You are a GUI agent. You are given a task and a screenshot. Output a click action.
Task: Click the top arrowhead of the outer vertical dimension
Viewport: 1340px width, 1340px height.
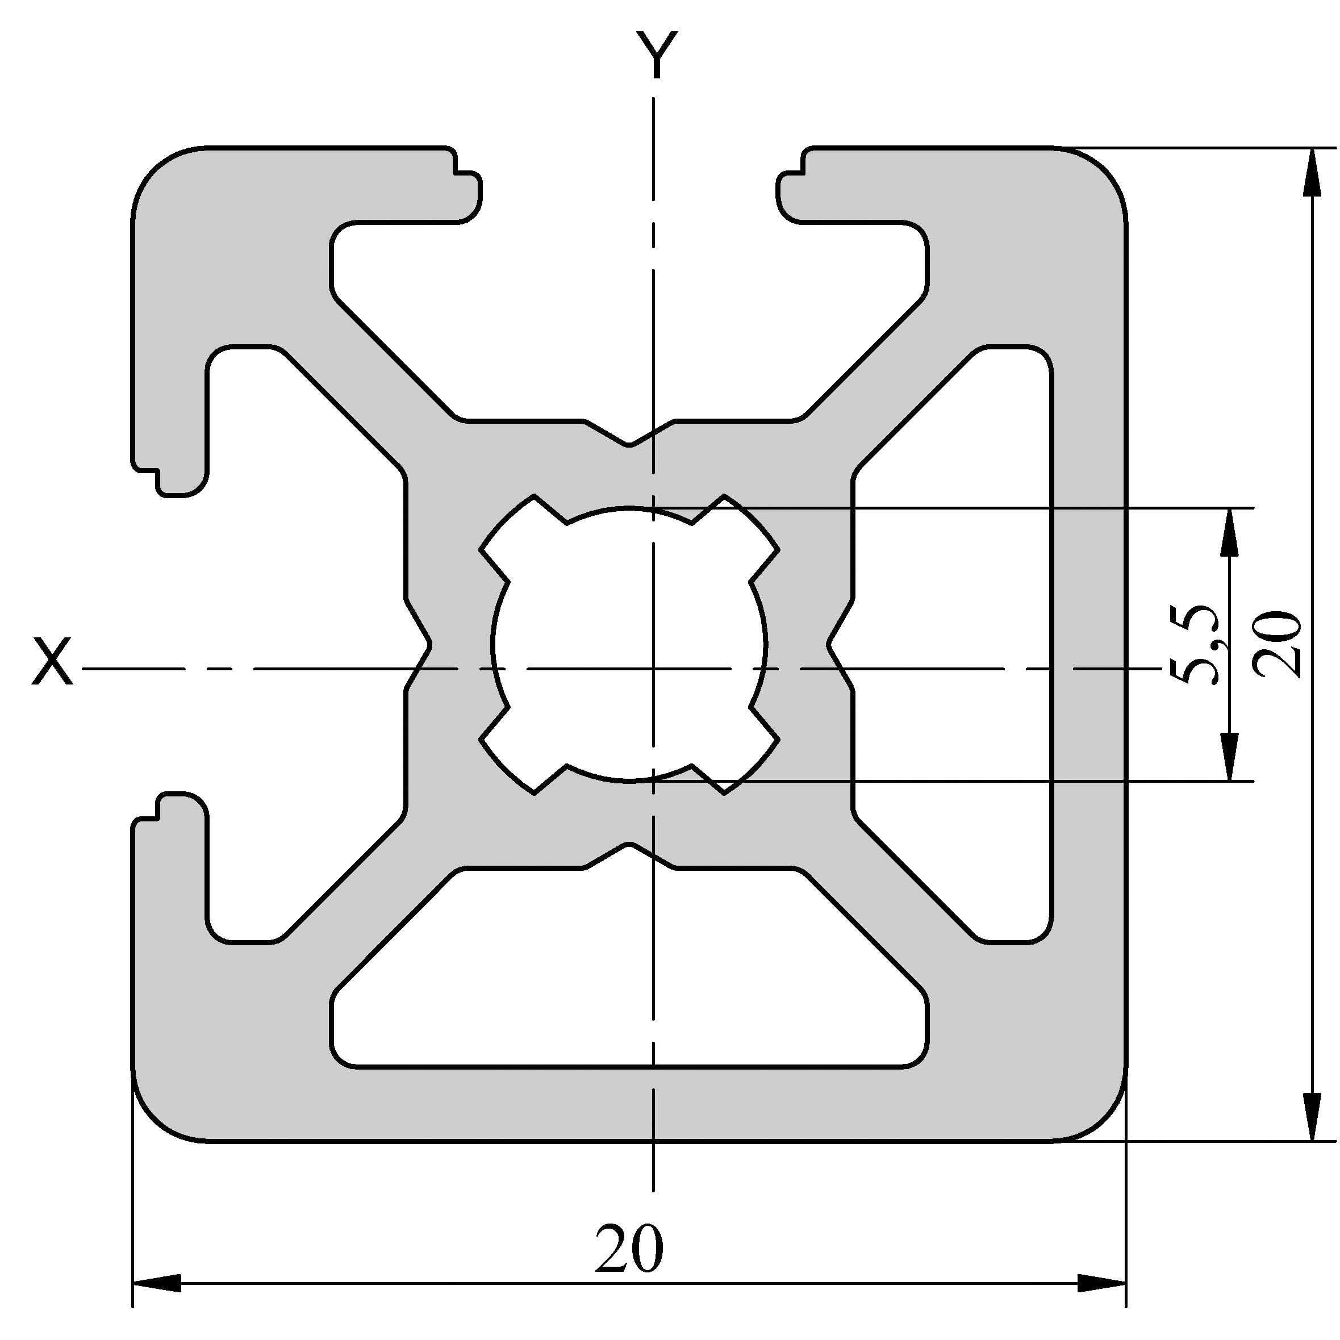click(1312, 172)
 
